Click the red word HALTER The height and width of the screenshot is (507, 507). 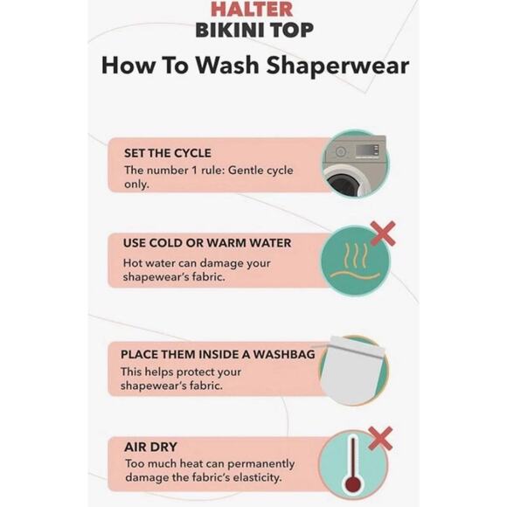pyautogui.click(x=252, y=9)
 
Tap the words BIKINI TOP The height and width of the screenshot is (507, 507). pyautogui.click(x=254, y=30)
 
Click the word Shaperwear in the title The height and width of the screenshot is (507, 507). pyautogui.click(x=337, y=66)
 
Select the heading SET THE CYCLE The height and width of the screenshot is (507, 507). pyautogui.click(x=168, y=153)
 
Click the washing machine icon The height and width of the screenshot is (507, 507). pyautogui.click(x=355, y=165)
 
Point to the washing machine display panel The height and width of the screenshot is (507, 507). pyautogui.click(x=367, y=150)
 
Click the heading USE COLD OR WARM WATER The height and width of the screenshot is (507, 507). pyautogui.click(x=207, y=243)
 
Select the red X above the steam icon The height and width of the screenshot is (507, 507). pyautogui.click(x=383, y=233)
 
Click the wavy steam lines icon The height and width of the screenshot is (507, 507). pyautogui.click(x=356, y=261)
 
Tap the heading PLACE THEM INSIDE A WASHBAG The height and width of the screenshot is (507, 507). pyautogui.click(x=218, y=354)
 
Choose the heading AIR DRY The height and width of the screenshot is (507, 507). pyautogui.click(x=150, y=448)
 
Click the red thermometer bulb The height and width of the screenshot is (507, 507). pyautogui.click(x=353, y=485)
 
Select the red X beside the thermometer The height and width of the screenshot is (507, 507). pyautogui.click(x=380, y=439)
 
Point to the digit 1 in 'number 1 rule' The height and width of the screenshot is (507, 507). pyautogui.click(x=194, y=170)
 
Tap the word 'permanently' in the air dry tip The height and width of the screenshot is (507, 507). pyautogui.click(x=261, y=464)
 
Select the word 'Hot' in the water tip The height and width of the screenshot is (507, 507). pyautogui.click(x=133, y=263)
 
